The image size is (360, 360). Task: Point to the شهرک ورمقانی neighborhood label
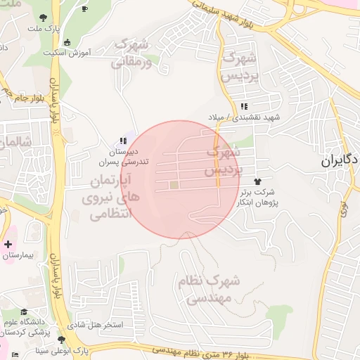tap(130, 53)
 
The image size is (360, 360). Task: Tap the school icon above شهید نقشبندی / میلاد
tap(243, 105)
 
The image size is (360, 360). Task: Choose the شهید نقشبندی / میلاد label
tap(244, 116)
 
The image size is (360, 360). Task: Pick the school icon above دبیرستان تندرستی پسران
tap(123, 141)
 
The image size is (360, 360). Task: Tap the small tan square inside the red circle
tap(174, 185)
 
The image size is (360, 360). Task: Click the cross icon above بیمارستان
tap(8, 244)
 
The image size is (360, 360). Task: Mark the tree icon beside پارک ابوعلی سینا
tap(61, 340)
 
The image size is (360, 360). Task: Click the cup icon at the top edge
tap(85, 8)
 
